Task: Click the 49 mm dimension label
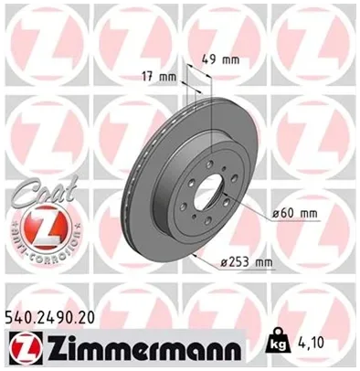click(221, 59)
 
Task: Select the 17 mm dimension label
click(159, 77)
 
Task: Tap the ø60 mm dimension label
click(295, 213)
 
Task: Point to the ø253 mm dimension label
click(247, 262)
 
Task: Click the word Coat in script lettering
click(43, 191)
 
